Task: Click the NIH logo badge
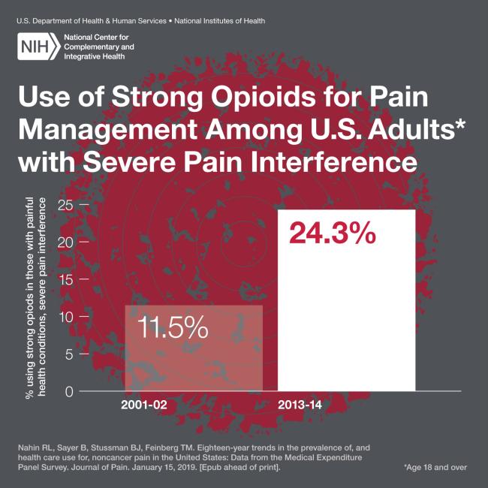point(38,47)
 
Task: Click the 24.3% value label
point(331,233)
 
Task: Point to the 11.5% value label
point(173,328)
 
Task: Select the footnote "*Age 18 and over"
point(435,467)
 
